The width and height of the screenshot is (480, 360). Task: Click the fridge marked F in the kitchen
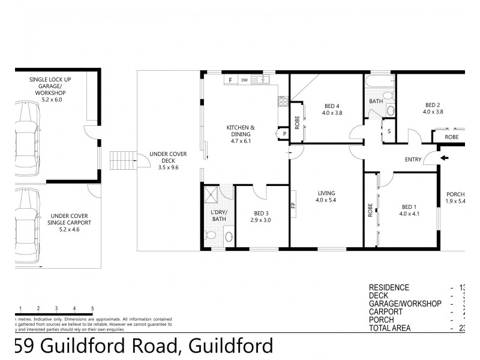(x=230, y=79)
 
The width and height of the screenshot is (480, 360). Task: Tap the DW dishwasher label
(x=245, y=79)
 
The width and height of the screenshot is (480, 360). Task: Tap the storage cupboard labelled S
(x=389, y=131)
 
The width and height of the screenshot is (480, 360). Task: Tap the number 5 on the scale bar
(x=92, y=308)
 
